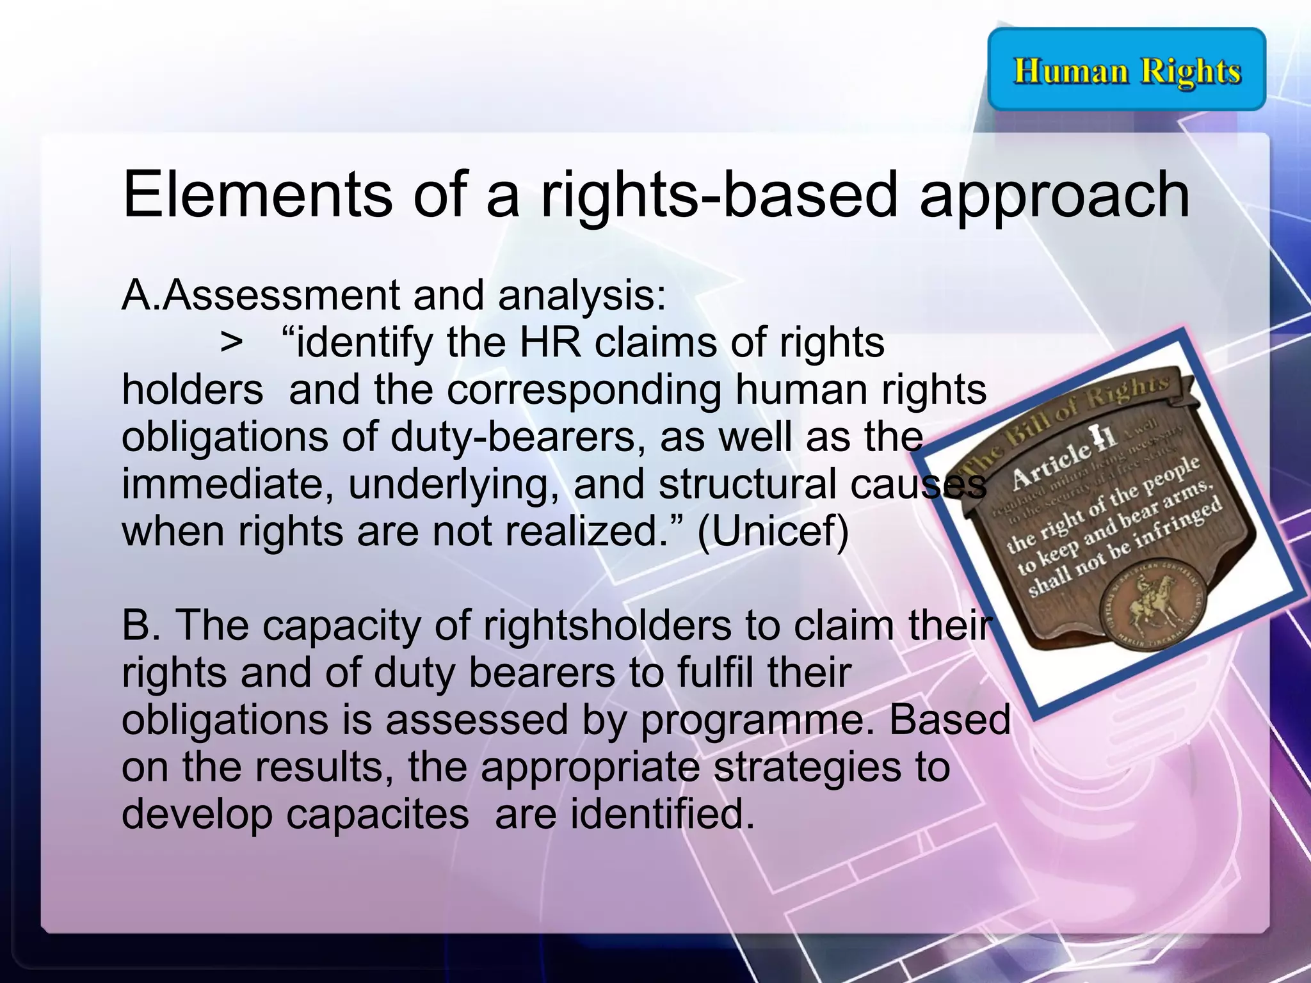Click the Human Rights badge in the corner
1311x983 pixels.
click(1127, 69)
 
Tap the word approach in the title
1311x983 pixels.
click(1054, 195)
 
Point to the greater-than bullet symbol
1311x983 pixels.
click(231, 343)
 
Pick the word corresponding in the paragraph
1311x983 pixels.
click(584, 390)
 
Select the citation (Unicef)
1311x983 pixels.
click(773, 531)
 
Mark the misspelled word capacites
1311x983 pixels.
click(377, 815)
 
